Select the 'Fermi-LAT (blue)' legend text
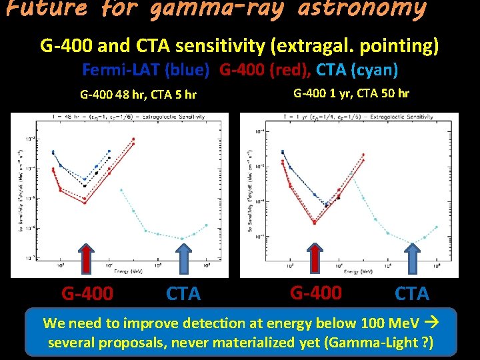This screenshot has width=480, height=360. [x=146, y=69]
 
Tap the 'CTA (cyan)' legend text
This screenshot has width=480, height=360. [x=357, y=69]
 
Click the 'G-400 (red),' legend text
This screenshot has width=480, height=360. [x=266, y=69]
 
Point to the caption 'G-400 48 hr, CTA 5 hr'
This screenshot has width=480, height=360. [x=138, y=94]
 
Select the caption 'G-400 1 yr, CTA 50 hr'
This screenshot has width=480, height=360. [x=351, y=93]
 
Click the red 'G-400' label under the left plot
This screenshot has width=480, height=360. [x=87, y=293]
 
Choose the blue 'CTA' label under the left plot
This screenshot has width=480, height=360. [x=183, y=293]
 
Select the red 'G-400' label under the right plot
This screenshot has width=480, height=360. [x=315, y=292]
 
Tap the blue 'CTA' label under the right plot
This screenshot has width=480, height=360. [x=412, y=293]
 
